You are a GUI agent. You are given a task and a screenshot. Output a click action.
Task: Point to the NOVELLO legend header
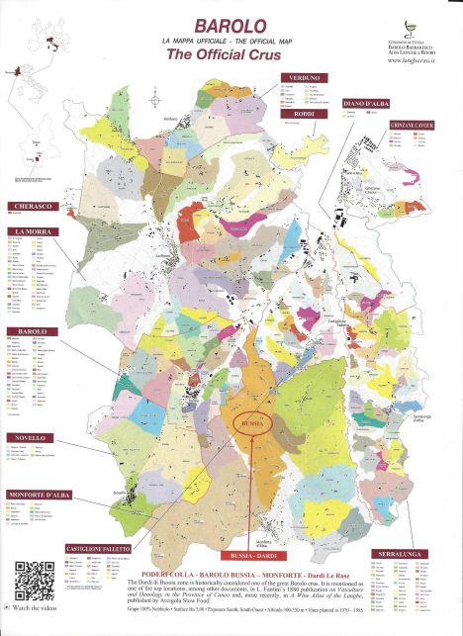pos(30,437)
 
